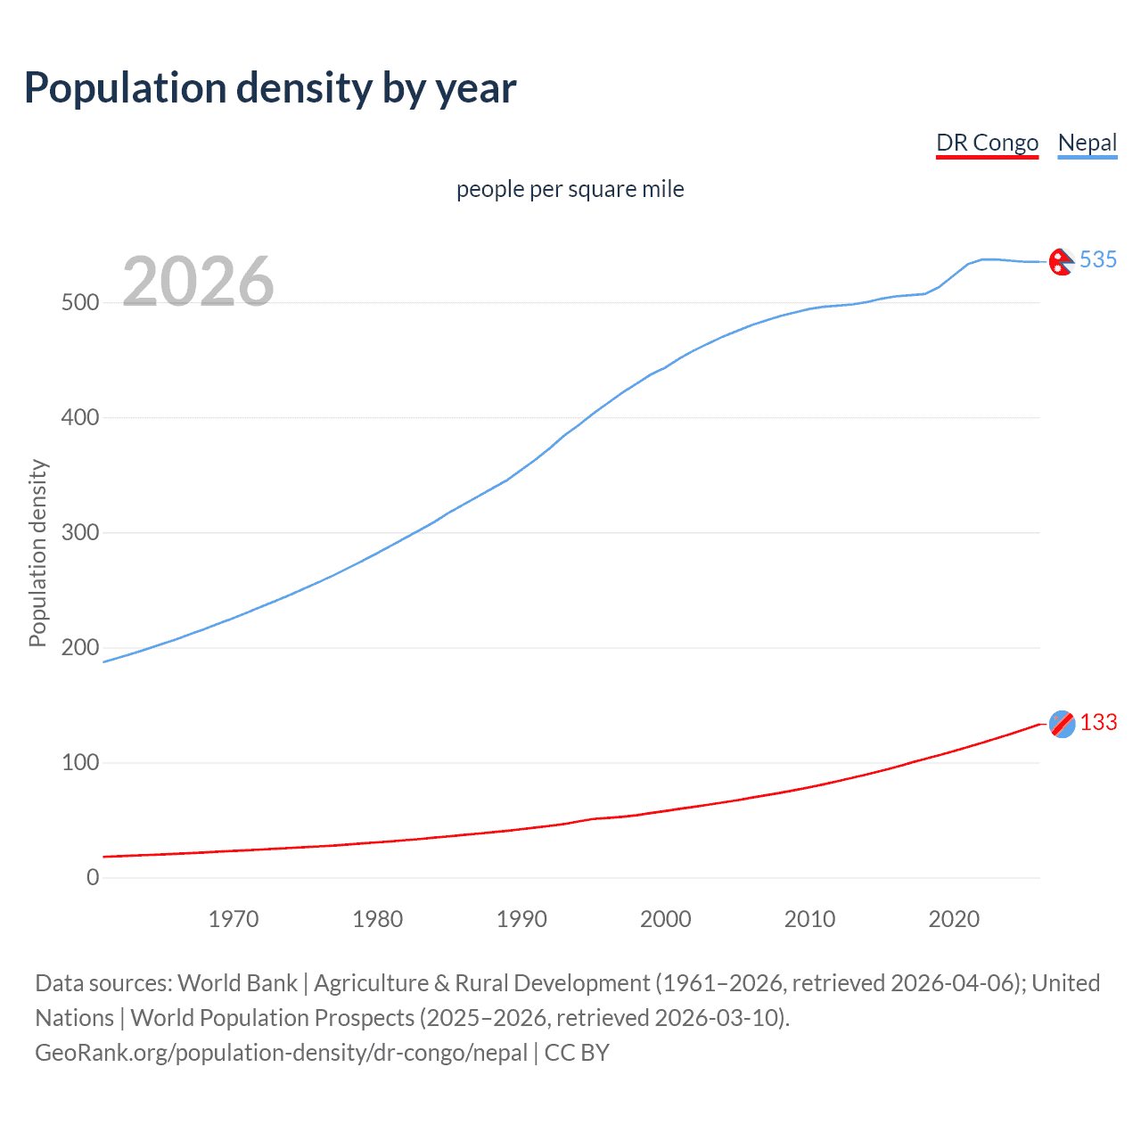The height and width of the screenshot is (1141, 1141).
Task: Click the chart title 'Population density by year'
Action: tap(270, 88)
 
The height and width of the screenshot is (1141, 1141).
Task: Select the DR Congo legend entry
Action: tap(987, 143)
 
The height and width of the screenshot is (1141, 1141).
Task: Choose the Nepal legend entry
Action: tap(1087, 143)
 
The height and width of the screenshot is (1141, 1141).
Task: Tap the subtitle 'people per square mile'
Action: tap(570, 189)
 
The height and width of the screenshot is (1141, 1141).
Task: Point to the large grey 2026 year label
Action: tap(198, 282)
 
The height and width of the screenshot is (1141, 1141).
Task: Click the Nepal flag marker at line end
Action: tap(1061, 262)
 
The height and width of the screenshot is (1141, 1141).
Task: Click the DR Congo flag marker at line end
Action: tap(1062, 724)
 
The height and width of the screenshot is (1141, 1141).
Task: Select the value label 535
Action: tap(1097, 259)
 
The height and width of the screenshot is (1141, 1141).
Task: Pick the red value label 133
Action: tap(1098, 722)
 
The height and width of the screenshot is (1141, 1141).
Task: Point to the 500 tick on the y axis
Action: tap(80, 303)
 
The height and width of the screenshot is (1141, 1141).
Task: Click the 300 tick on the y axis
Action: tap(80, 533)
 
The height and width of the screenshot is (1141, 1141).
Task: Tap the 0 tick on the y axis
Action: tap(93, 878)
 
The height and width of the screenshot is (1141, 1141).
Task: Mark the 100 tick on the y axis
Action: tap(80, 763)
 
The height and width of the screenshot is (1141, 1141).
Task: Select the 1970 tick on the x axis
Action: tap(234, 919)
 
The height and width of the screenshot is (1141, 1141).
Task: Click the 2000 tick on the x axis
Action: tap(665, 919)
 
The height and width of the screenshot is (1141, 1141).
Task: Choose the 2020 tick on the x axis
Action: tap(954, 919)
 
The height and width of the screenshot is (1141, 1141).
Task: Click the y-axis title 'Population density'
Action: tap(37, 553)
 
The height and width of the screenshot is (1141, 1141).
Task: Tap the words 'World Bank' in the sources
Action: tap(237, 983)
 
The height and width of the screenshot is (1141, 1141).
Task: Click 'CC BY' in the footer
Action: tap(577, 1053)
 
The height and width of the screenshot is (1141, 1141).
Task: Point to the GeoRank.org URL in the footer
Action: tap(281, 1053)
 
